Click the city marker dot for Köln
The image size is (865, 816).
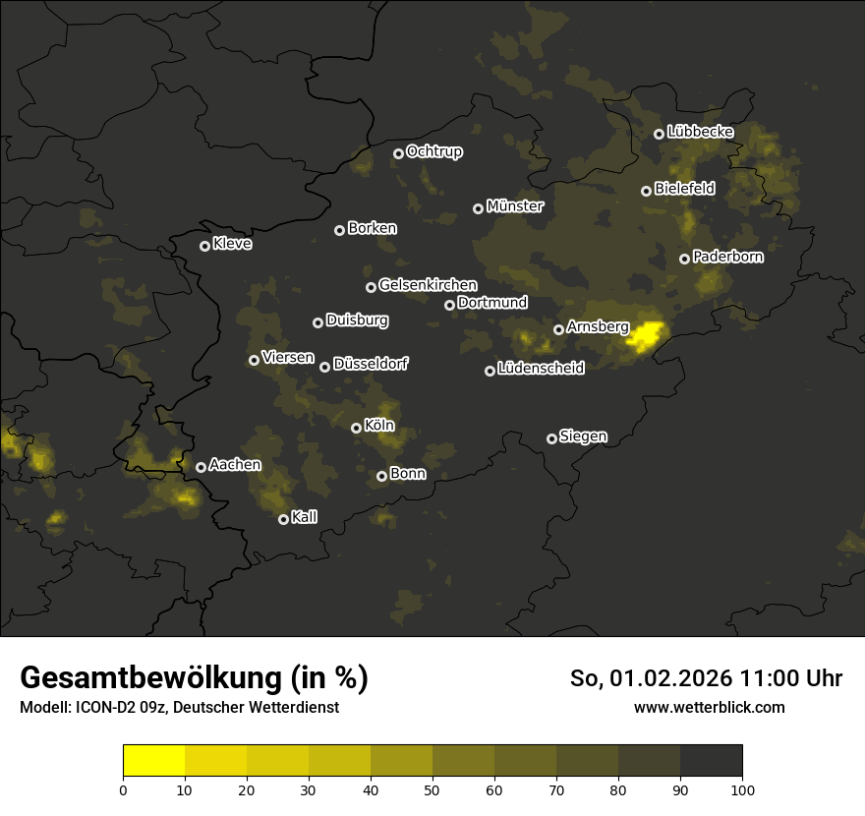[x=357, y=428]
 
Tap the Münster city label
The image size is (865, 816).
[x=514, y=206]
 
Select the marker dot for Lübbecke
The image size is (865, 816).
[x=660, y=134]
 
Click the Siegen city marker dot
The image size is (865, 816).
[x=551, y=438]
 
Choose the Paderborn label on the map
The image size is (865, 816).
[x=727, y=257]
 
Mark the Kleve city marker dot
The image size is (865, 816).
[x=205, y=246]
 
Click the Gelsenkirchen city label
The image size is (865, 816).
[x=428, y=285]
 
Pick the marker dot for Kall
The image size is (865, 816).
[x=284, y=519]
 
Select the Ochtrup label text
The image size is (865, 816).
[x=433, y=151]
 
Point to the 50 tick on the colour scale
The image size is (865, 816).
[x=432, y=788]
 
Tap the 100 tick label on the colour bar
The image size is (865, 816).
[x=742, y=788]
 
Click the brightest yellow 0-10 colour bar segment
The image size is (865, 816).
[x=154, y=761]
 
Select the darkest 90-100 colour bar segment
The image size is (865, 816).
[x=711, y=761]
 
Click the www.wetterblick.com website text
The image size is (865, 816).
[x=709, y=707]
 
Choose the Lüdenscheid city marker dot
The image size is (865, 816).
[x=490, y=371]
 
